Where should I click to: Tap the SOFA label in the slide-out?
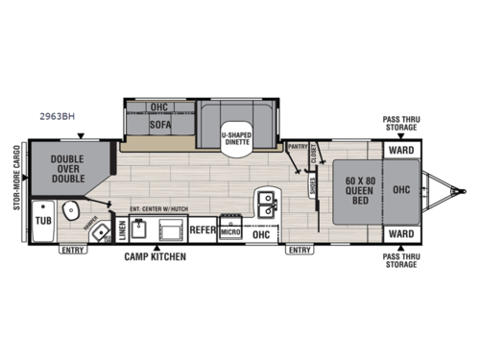[x=159, y=124]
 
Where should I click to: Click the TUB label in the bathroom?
[x=42, y=219]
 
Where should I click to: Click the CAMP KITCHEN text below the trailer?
[x=155, y=257]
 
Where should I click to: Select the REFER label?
[x=201, y=230]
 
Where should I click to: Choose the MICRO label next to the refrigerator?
[x=229, y=231]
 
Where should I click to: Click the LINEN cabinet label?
[x=122, y=228]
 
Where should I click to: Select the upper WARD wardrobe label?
[x=402, y=151]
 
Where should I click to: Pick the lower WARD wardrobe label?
[x=402, y=233]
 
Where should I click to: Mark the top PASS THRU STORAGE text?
[x=402, y=122]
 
